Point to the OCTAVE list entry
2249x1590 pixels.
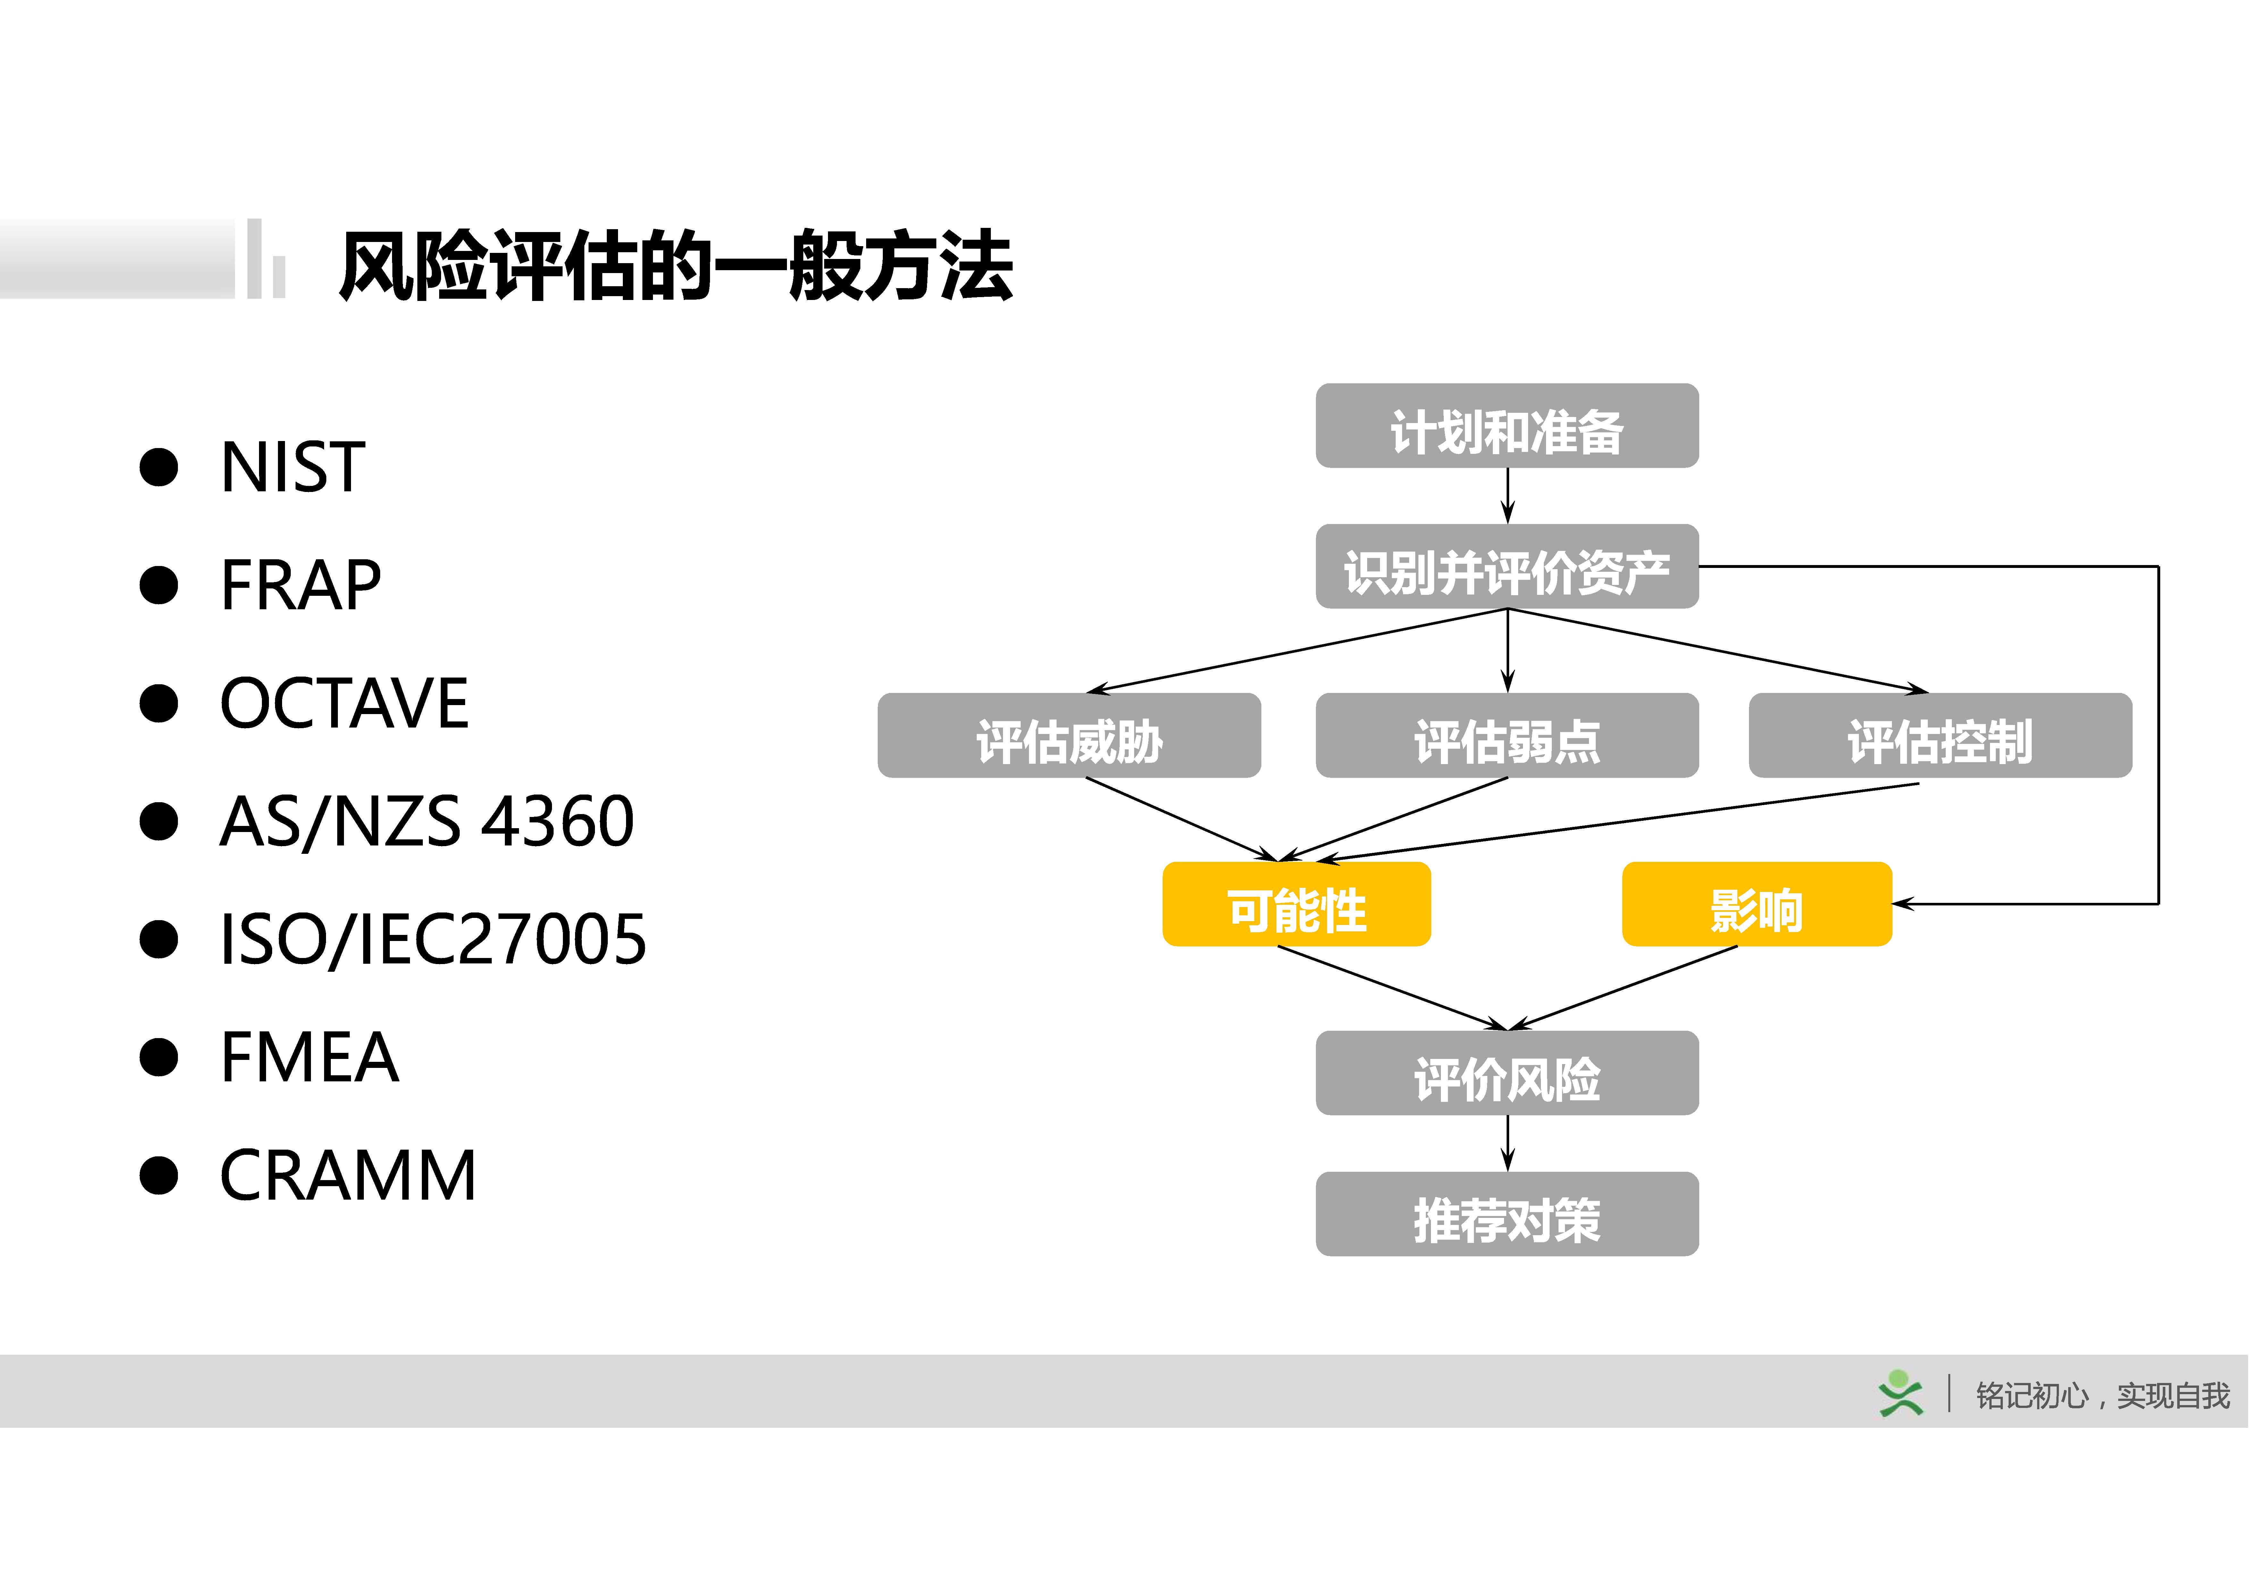344,703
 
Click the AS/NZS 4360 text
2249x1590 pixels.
426,821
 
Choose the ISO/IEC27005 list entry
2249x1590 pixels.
432,938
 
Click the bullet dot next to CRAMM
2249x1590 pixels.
159,1175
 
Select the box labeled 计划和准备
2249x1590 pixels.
1507,426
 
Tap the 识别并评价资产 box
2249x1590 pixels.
1507,567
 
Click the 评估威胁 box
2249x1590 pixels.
1069,736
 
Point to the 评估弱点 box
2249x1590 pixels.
1507,736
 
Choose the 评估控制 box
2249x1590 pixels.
1939,736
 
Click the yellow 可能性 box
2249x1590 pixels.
1296,904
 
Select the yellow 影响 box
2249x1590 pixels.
1756,904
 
